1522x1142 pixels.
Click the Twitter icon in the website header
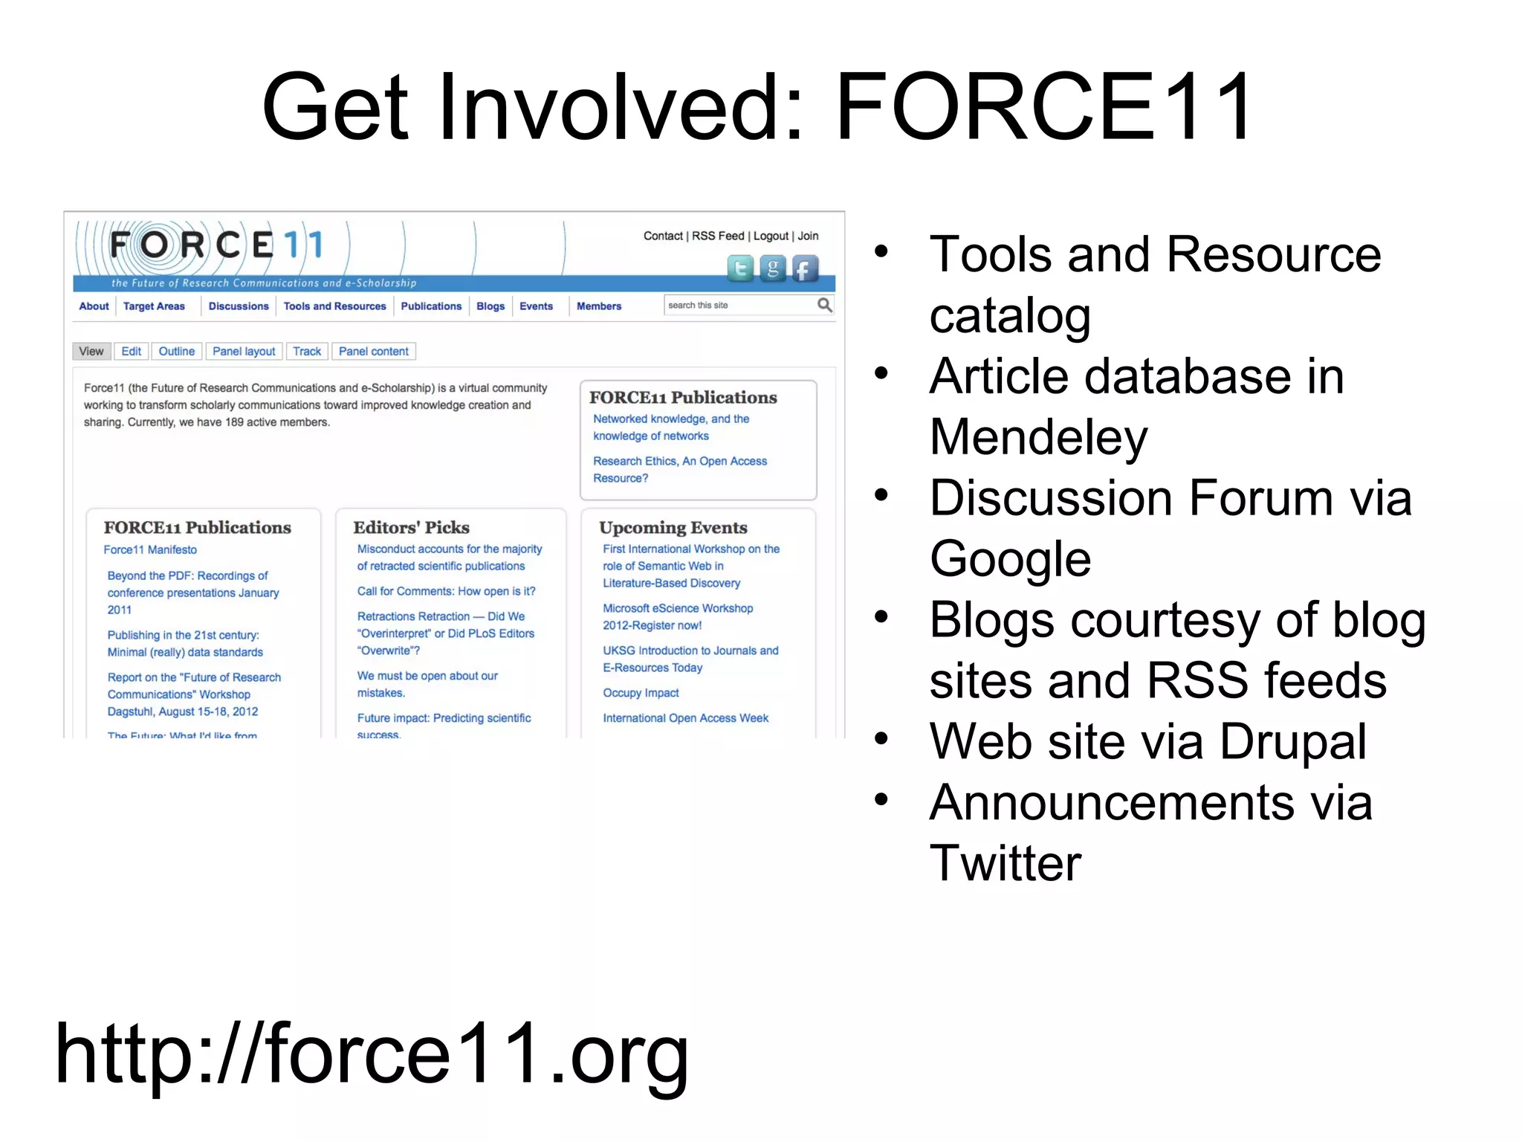click(740, 268)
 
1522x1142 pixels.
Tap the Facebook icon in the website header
click(805, 268)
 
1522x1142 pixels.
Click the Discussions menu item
click(239, 306)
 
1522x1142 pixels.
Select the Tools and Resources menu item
click(334, 306)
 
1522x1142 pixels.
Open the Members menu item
click(599, 306)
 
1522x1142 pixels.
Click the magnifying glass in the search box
click(824, 305)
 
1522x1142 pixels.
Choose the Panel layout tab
click(244, 352)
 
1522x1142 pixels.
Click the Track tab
click(307, 352)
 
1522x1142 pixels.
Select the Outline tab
click(177, 352)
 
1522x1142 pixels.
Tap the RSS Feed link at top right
click(718, 236)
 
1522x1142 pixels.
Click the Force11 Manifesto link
click(150, 550)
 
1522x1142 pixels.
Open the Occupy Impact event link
click(641, 693)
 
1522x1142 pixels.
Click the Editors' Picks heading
click(411, 527)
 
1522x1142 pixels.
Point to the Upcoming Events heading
click(673, 527)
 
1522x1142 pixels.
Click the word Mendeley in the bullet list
click(1038, 437)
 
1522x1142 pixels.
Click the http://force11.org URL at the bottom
click(372, 1054)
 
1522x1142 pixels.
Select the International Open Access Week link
click(685, 718)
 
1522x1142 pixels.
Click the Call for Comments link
click(446, 592)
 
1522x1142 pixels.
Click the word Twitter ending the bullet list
click(1006, 863)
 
